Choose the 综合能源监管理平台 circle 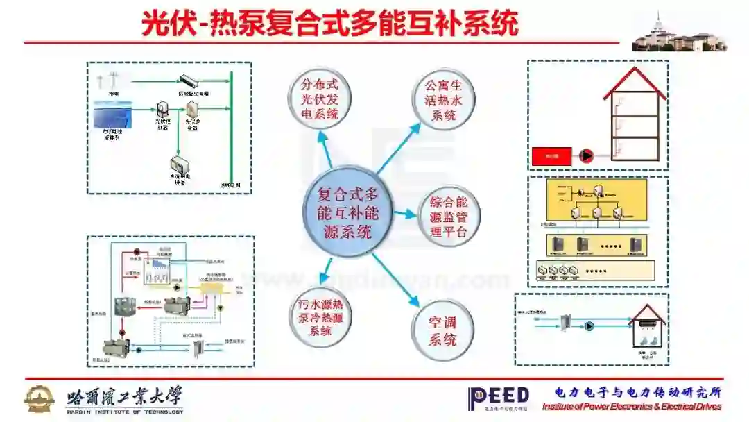click(449, 217)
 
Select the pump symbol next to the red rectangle click(587, 157)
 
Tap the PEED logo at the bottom click(499, 398)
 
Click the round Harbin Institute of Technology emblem click(40, 398)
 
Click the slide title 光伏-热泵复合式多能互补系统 click(330, 24)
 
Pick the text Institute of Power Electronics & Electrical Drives click(632, 407)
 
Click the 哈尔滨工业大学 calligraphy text click(125, 396)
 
